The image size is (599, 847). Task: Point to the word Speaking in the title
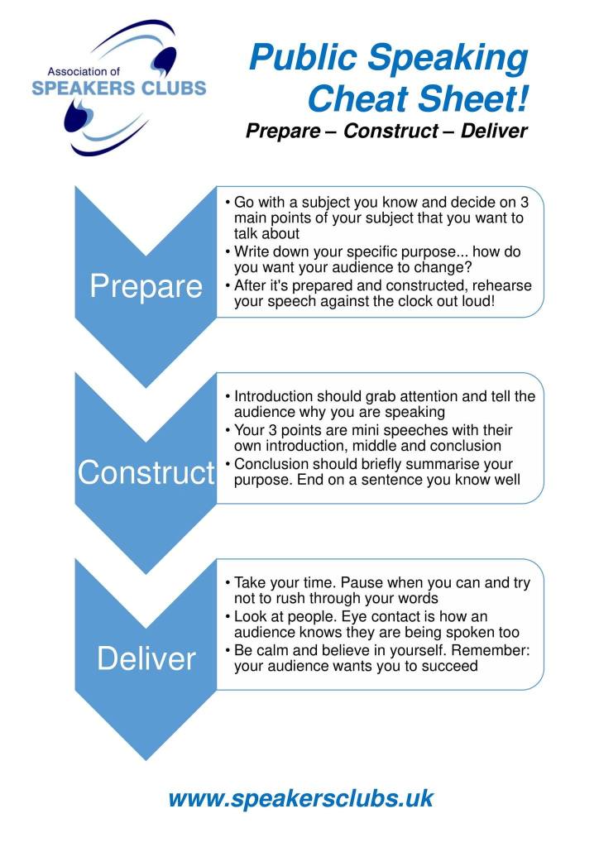(x=452, y=59)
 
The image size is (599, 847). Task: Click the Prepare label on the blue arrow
(x=146, y=286)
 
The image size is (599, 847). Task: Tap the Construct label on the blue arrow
(x=146, y=472)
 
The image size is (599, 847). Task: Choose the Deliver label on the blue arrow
(x=146, y=658)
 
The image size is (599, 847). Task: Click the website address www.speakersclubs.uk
(x=299, y=798)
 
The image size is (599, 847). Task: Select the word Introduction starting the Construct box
(x=276, y=396)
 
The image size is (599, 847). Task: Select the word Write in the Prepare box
(x=254, y=251)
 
